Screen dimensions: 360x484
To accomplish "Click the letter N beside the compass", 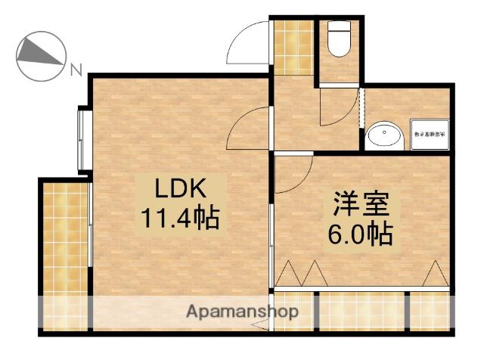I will [76, 71].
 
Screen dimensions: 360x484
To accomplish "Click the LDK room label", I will [181, 187].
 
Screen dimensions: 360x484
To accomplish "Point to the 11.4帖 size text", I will [179, 218].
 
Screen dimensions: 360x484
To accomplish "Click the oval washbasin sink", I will [385, 137].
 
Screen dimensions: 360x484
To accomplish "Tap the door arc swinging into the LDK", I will [249, 126].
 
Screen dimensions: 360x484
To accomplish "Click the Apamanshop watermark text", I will [242, 311].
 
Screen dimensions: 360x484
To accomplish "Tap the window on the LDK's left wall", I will [82, 141].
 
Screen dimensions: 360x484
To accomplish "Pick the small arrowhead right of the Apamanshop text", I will [261, 326].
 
